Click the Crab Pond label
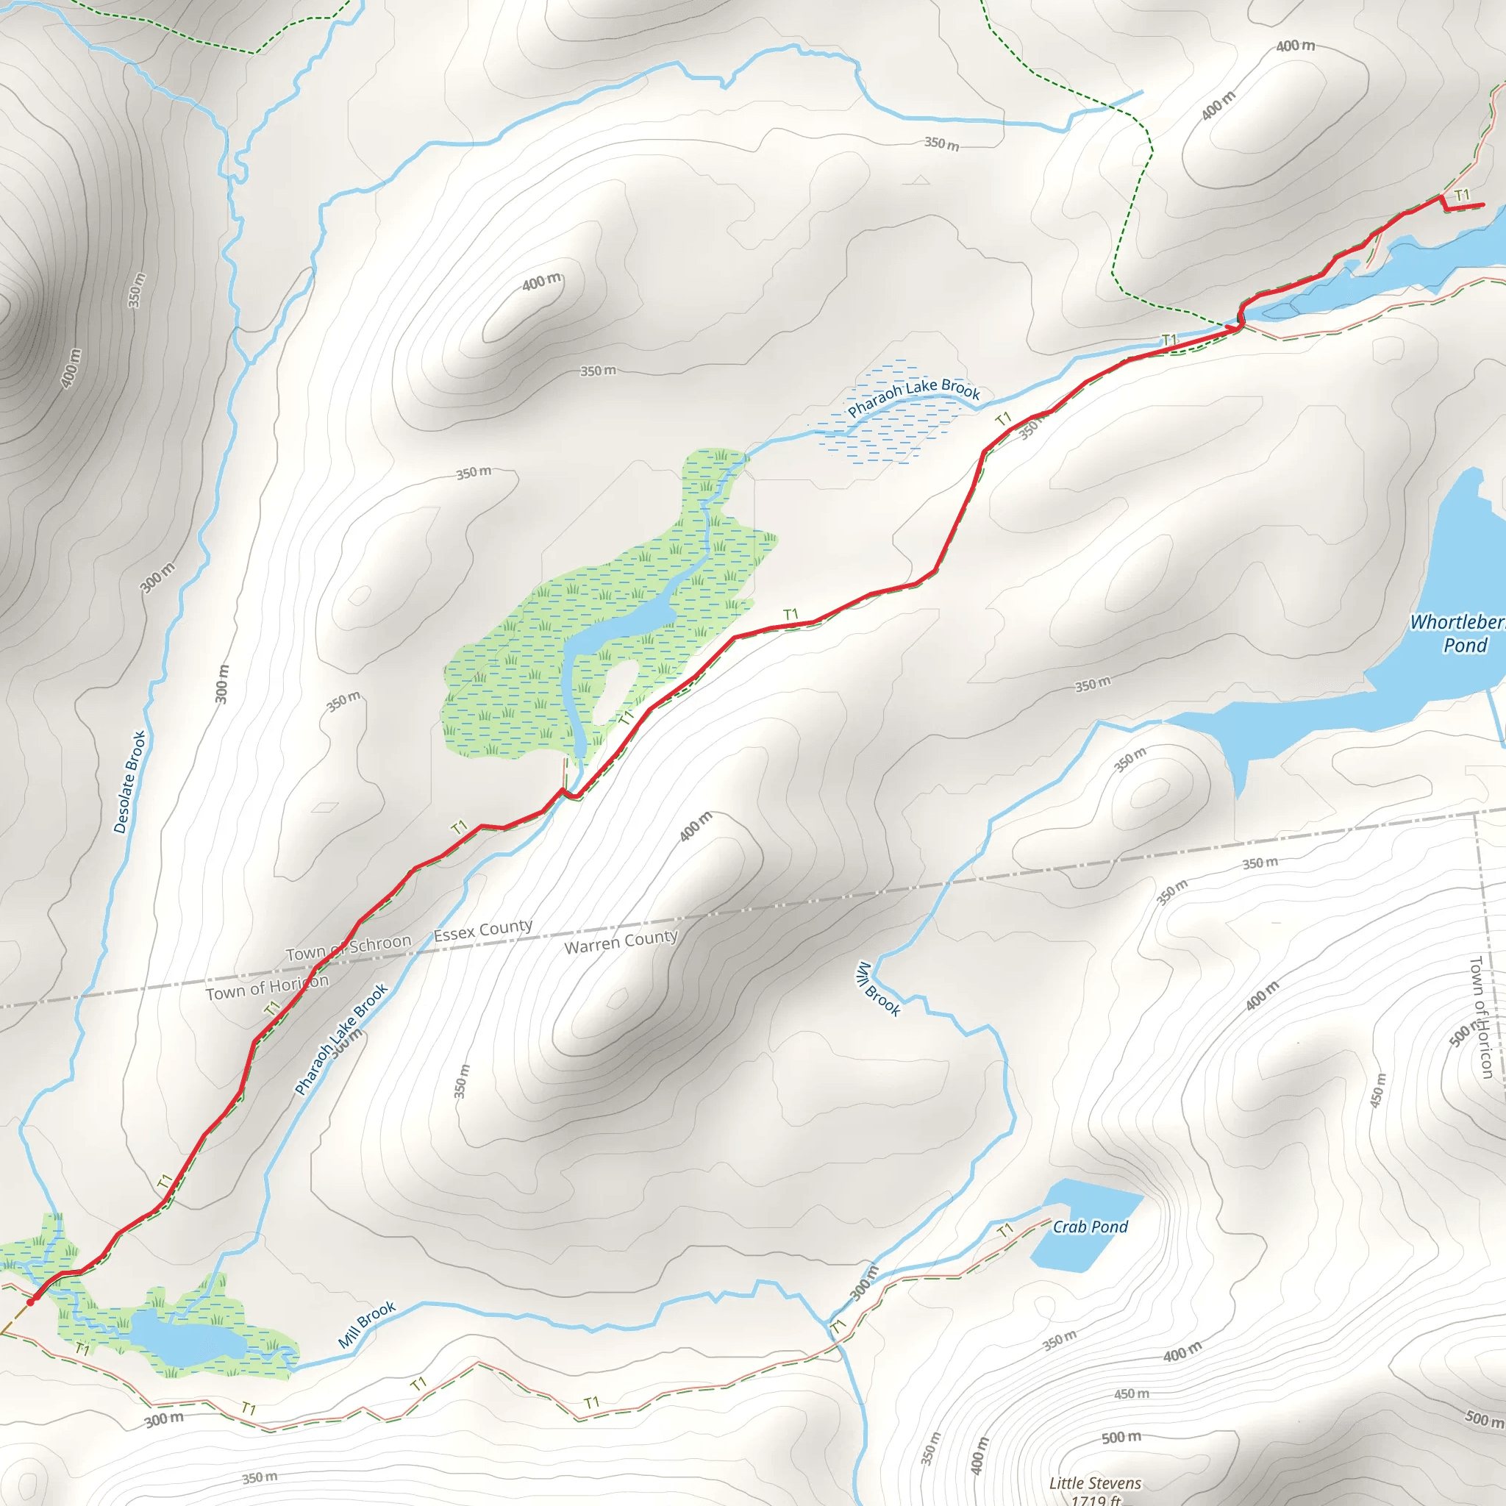click(x=1090, y=1227)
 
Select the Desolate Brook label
click(x=129, y=782)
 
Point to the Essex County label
click(x=482, y=930)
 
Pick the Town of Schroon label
click(x=348, y=947)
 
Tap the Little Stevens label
click(x=1094, y=1482)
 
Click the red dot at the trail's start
click(x=30, y=1302)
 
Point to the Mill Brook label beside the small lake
click(x=366, y=1324)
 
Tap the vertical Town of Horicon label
click(x=1480, y=1016)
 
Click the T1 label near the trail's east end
click(x=1462, y=194)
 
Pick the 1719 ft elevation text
click(x=1094, y=1500)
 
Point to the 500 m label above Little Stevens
click(x=1121, y=1437)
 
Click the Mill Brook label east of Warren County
click(x=879, y=989)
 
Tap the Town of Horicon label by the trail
click(x=267, y=987)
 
